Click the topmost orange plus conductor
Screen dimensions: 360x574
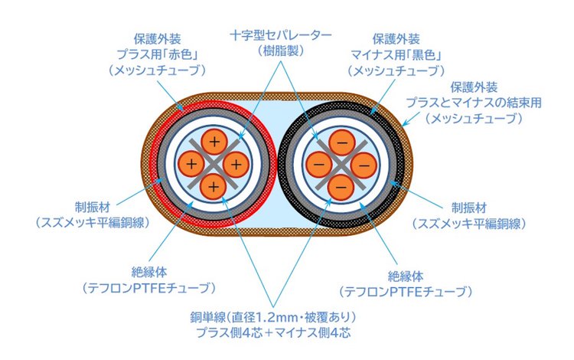pos(214,142)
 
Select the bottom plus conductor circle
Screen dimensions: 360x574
pos(214,185)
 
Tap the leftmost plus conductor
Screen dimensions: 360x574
pos(192,164)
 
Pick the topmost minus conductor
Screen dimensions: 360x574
pos(341,142)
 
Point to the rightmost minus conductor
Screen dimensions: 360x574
pos(363,164)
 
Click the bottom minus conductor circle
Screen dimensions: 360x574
pos(341,185)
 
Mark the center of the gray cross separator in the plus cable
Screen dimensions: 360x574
pos(214,164)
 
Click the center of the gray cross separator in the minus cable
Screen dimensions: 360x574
pos(341,164)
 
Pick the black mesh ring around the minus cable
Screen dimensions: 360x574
pos(396,164)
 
